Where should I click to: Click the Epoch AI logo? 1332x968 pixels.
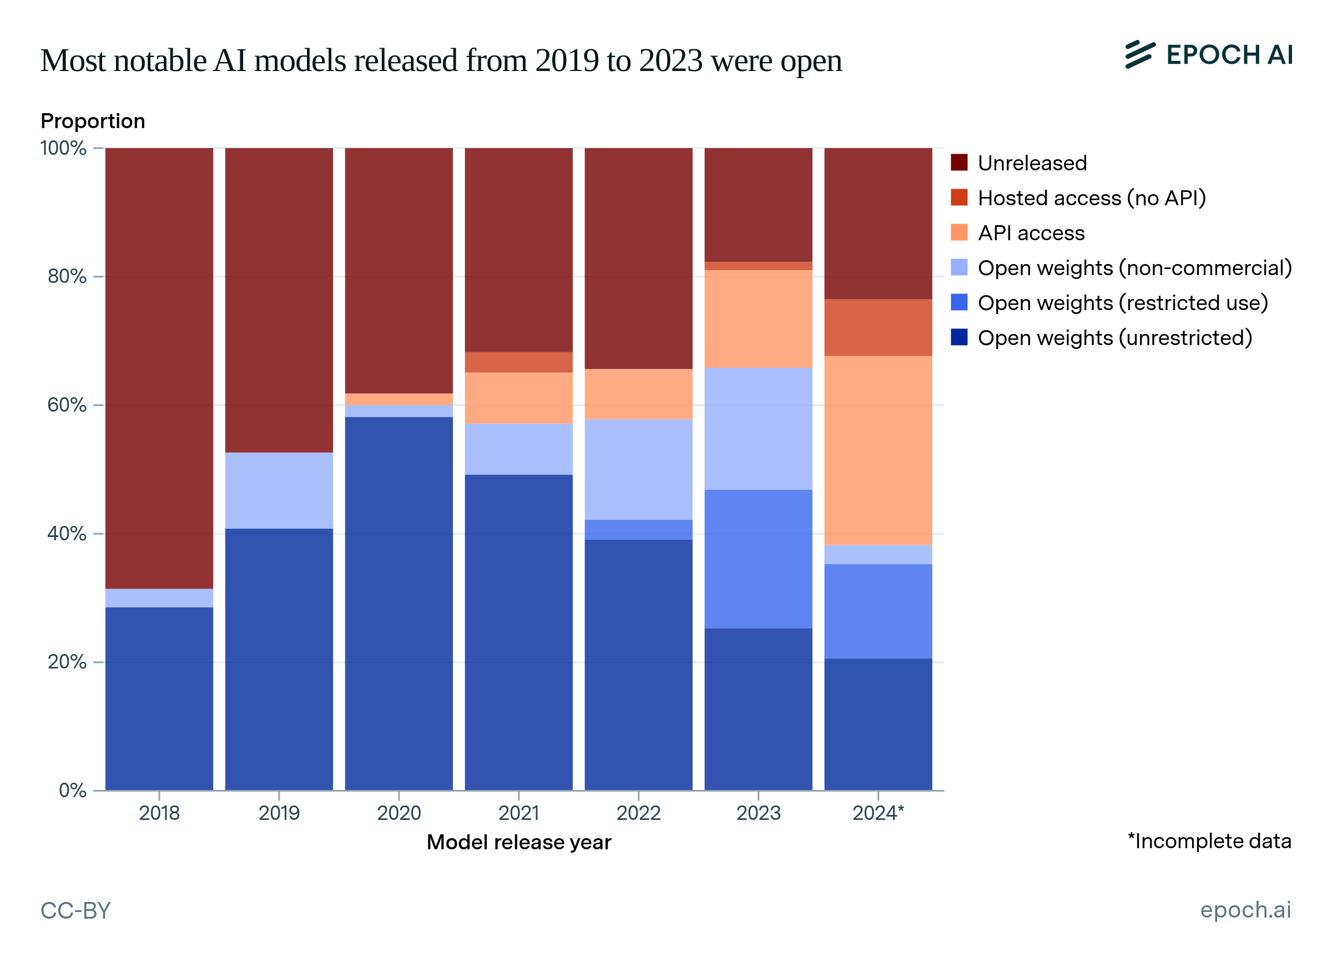pos(1209,55)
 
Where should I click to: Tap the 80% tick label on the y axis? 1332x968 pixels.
pos(67,276)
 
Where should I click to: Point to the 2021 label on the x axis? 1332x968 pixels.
pos(518,813)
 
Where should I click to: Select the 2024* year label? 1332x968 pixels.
pos(878,813)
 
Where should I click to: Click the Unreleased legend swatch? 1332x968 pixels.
pos(959,163)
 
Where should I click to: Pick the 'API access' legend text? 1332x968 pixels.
pos(1031,233)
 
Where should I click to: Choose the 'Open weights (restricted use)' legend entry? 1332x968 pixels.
pos(1122,303)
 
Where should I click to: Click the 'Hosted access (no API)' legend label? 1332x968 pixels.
pos(1092,198)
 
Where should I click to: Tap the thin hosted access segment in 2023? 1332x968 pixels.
pos(758,266)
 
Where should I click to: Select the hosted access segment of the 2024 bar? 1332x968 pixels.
pos(878,327)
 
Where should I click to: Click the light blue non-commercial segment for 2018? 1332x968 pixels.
pos(159,597)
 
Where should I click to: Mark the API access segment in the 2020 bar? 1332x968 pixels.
pos(399,399)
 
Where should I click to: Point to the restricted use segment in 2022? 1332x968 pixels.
pos(638,530)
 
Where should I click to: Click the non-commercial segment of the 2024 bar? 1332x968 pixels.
pos(878,555)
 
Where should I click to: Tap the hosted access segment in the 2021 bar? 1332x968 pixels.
pos(518,362)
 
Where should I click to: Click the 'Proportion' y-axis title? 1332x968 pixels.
pos(93,121)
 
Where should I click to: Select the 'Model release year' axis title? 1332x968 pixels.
pos(518,843)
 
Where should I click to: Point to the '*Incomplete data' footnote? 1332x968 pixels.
pos(1209,841)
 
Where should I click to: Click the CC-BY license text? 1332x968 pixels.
pos(75,910)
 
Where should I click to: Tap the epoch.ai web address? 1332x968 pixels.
pos(1245,910)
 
